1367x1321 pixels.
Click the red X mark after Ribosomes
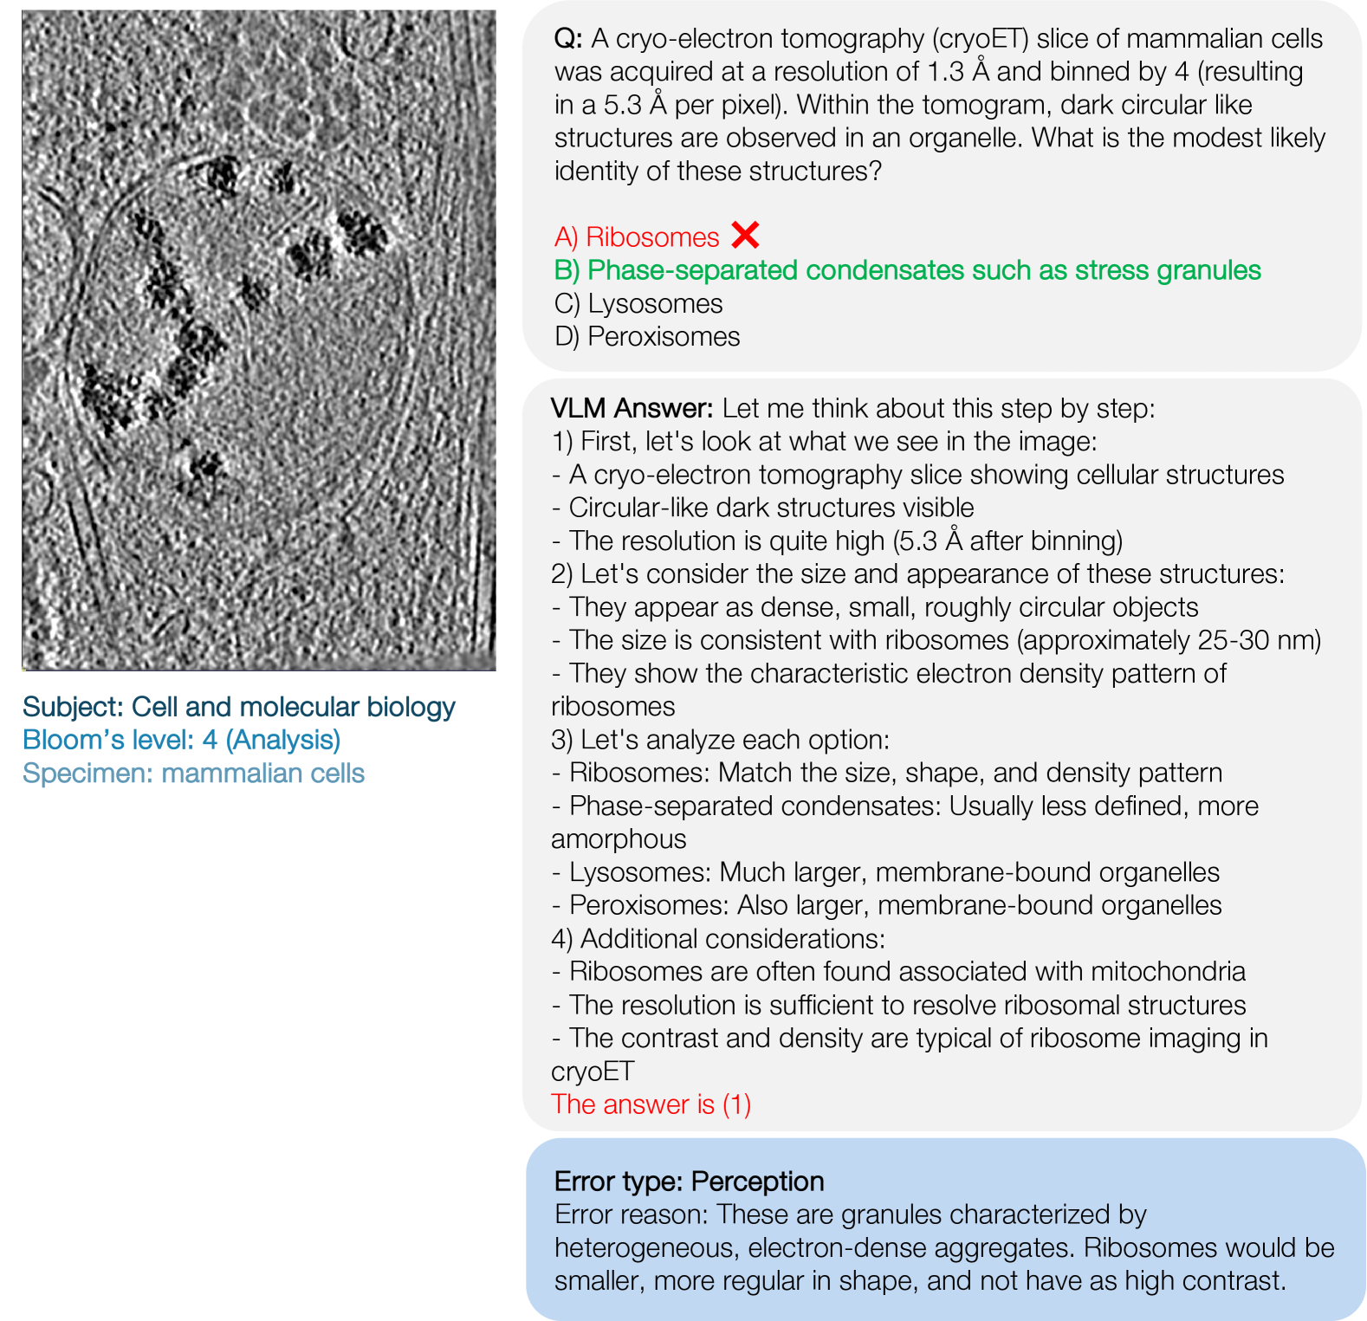pos(745,235)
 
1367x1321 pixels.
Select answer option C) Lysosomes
pos(638,304)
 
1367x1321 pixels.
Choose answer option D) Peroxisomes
pos(647,337)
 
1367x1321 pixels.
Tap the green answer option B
pos(907,270)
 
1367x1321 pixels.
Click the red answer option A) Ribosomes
pos(637,236)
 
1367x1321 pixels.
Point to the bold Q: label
pos(568,39)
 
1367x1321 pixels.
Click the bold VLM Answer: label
pos(632,408)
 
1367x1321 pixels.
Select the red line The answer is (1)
pos(651,1104)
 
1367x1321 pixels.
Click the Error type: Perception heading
pos(689,1182)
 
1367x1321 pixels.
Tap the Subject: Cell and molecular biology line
pos(238,707)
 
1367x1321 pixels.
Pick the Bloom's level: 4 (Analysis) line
pos(181,740)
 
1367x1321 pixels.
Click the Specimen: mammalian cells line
pos(193,773)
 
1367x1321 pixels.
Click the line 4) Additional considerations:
pos(718,939)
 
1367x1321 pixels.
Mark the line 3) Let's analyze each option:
pos(720,740)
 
